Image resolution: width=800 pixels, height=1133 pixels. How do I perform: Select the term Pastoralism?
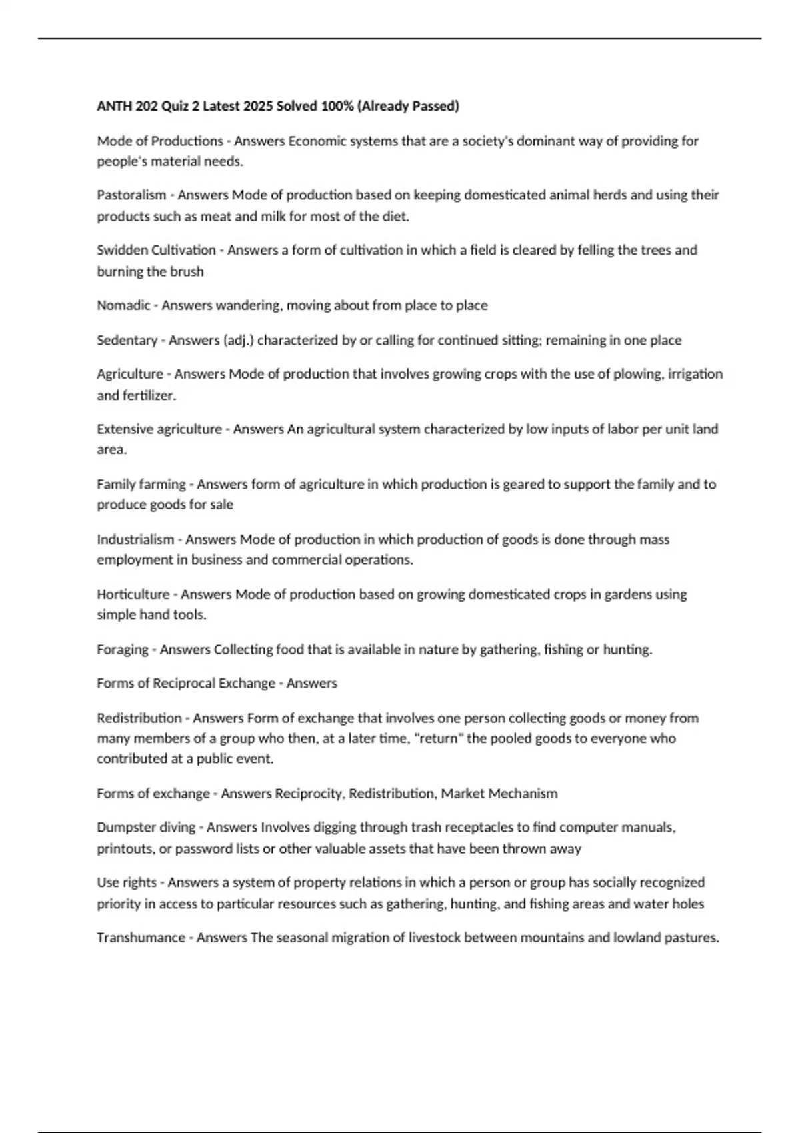pyautogui.click(x=131, y=195)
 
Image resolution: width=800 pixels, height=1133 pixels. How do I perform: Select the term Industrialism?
pyautogui.click(x=135, y=539)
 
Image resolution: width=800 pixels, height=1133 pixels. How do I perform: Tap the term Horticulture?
pyautogui.click(x=133, y=594)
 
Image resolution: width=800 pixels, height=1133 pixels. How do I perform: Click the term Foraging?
pyautogui.click(x=123, y=650)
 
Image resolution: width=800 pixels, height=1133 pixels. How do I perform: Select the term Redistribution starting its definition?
pyautogui.click(x=139, y=718)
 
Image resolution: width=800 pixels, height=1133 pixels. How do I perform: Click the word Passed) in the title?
pyautogui.click(x=436, y=106)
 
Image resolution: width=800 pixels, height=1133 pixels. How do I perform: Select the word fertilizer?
pyautogui.click(x=149, y=395)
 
